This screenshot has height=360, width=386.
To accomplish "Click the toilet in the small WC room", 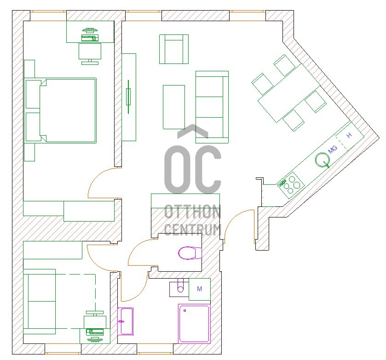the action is [x=190, y=253].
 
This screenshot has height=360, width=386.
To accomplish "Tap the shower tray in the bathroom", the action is [x=194, y=324].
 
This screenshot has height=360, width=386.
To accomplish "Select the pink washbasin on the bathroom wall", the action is [x=126, y=321].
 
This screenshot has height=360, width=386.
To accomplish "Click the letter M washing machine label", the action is [x=200, y=289].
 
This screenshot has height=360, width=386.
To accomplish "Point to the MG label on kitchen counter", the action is [x=333, y=149].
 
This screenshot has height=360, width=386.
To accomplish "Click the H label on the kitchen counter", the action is [x=349, y=135].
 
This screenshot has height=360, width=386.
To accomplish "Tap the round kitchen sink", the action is [x=322, y=160].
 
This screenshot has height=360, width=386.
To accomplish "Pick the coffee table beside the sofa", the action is [x=174, y=107].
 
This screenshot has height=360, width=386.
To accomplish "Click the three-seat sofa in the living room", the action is [x=212, y=107].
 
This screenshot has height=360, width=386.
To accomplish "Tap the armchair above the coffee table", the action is [x=174, y=49].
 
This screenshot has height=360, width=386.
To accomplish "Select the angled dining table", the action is [x=289, y=93].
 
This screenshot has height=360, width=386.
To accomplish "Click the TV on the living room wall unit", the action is [x=128, y=97].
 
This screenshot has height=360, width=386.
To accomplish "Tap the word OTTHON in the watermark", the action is [x=192, y=211].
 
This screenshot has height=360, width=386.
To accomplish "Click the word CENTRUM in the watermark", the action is [x=192, y=229].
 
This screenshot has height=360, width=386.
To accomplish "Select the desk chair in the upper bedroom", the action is [x=90, y=54].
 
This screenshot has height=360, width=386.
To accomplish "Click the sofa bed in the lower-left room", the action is [x=40, y=302].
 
